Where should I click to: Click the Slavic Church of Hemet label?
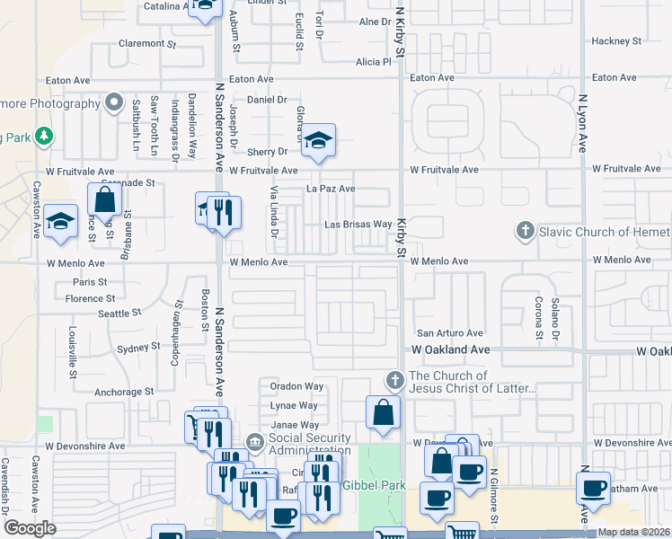[x=605, y=232]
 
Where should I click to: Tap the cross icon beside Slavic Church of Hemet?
[x=526, y=232]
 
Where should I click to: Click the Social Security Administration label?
[x=311, y=444]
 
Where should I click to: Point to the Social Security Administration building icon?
[x=254, y=440]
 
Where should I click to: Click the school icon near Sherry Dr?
[x=317, y=141]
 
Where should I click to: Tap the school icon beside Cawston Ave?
[x=60, y=222]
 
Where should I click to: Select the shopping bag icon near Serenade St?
[x=105, y=199]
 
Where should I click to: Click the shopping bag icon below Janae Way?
[x=384, y=413]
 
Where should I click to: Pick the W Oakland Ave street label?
[x=451, y=349]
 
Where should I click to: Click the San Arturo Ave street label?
[x=448, y=332]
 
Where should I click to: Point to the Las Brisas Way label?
[x=358, y=224]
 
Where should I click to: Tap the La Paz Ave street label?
[x=331, y=190]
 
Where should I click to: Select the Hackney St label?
[x=616, y=41]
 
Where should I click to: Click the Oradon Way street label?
[x=296, y=386]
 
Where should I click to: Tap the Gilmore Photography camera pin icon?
[x=113, y=103]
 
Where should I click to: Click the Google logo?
[x=29, y=528]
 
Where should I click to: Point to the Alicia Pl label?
[x=374, y=62]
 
